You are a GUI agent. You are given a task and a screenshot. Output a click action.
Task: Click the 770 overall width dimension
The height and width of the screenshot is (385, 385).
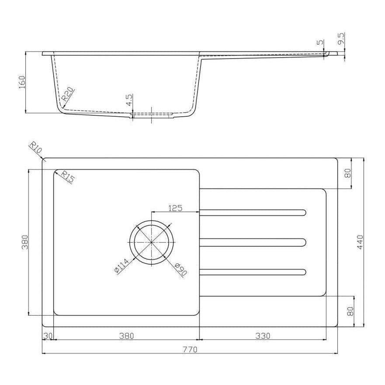pos(190,349)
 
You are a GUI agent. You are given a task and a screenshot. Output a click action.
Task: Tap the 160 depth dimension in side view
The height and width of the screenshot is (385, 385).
pos(22,82)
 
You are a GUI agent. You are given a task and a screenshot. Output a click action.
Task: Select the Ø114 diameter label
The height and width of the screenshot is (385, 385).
pos(121,266)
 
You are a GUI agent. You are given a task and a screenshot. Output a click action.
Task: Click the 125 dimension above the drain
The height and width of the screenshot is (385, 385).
pos(175,208)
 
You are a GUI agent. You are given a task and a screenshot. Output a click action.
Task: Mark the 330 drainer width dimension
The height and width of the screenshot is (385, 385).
pos(263,336)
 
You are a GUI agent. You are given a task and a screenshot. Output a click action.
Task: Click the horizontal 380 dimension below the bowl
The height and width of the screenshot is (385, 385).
pos(126,336)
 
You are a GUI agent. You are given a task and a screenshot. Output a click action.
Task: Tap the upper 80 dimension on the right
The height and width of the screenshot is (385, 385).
pos(348,173)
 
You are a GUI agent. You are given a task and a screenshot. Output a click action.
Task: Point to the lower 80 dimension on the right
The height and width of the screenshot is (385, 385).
pos(349,311)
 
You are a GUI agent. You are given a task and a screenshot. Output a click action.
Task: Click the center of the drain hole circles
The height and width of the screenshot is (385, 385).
pos(151,242)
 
